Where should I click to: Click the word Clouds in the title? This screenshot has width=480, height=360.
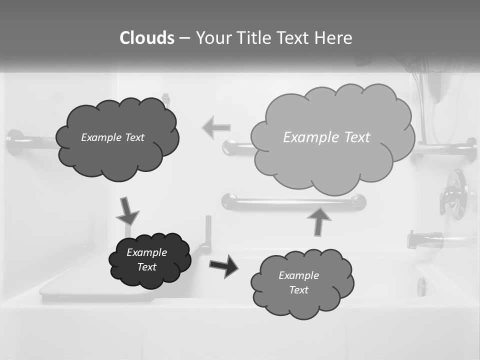[x=146, y=38]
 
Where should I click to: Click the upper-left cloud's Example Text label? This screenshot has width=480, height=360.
[x=112, y=137]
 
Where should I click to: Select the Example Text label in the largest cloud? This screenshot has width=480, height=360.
[x=326, y=137]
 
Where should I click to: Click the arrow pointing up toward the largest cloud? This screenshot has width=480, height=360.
[x=319, y=221]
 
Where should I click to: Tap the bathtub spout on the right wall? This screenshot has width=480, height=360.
[x=425, y=240]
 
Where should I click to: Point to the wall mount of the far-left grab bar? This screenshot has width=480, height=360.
[x=14, y=142]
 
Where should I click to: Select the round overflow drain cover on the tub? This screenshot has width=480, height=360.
[x=421, y=286]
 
